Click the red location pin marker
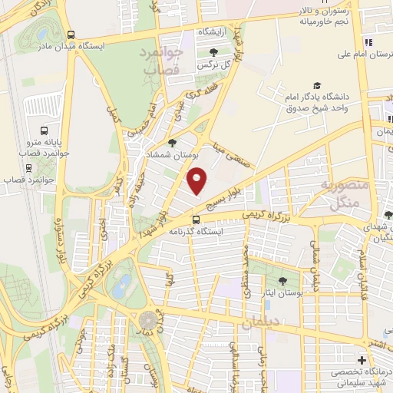pyautogui.click(x=198, y=180)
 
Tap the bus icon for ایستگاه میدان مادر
pyautogui.click(x=71, y=35)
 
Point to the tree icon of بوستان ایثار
pyautogui.click(x=283, y=281)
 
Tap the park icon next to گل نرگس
pyautogui.click(x=213, y=51)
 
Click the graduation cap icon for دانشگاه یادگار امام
pyautogui.click(x=316, y=86)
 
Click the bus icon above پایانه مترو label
pyautogui.click(x=43, y=130)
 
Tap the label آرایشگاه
pyautogui.click(x=216, y=32)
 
